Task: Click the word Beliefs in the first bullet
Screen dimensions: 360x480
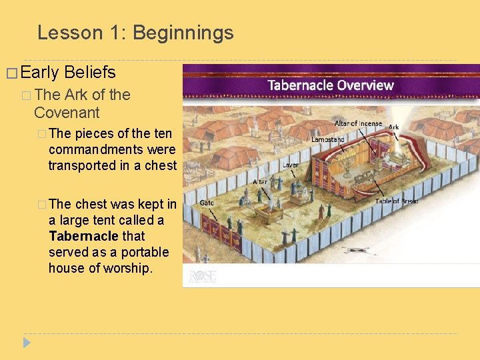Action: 90,73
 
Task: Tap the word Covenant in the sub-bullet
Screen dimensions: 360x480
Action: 67,113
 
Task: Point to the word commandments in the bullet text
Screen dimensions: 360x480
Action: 112,149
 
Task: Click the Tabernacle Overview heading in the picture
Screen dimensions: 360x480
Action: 330,85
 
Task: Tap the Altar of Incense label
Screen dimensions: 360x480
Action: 357,123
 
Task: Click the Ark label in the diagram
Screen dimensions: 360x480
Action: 393,127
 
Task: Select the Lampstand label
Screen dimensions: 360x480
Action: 327,139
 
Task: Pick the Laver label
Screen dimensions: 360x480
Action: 290,164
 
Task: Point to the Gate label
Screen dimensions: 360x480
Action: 207,203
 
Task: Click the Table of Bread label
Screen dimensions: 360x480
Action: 396,201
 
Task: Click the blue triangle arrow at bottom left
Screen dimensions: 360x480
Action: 27,343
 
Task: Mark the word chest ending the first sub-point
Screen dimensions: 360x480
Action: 161,165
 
